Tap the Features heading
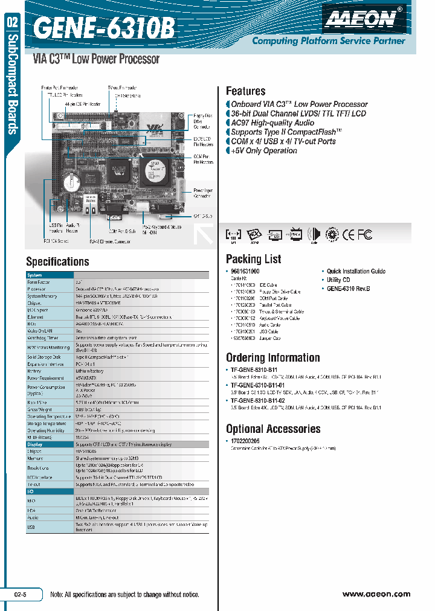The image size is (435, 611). (245, 91)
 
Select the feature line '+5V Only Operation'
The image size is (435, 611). (264, 151)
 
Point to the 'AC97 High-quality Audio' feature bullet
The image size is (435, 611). (272, 123)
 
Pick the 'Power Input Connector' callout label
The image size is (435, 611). (203, 193)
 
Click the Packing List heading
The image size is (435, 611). (253, 259)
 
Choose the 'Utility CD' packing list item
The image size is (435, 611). (338, 280)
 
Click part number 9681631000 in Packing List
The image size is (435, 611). (245, 272)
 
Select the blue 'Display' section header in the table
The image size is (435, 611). (35, 444)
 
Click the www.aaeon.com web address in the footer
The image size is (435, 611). (376, 594)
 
